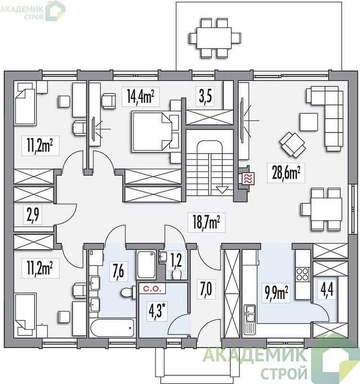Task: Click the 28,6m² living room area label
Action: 286,173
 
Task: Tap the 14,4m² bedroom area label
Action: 141,96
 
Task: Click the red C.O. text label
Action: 152,289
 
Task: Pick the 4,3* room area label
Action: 157,310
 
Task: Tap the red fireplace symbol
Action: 248,179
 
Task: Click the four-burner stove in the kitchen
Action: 303,274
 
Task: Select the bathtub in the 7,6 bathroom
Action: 112,328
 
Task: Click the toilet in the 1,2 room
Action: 177,274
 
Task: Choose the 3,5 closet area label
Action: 205,96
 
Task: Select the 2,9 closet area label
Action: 33,215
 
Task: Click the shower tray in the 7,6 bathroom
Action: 146,264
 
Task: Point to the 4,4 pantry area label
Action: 327,290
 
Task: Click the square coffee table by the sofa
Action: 309,122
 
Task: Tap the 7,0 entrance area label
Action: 206,289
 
